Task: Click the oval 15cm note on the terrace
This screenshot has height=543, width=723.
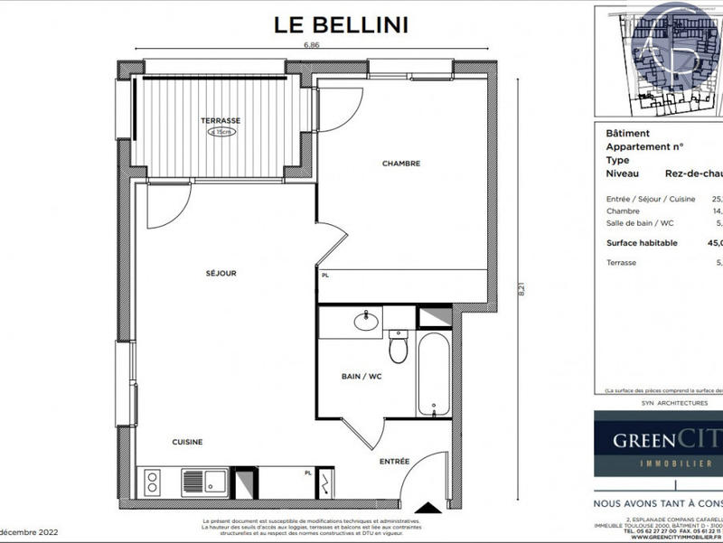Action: tap(221, 132)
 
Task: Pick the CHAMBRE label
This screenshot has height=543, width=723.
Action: tap(401, 164)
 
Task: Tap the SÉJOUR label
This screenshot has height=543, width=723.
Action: tap(221, 273)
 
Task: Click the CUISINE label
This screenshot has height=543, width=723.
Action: tap(187, 442)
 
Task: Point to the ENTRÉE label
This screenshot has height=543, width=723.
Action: tap(394, 462)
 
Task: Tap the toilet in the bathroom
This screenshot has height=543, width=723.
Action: tap(398, 346)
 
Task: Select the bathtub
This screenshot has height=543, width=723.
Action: tap(433, 375)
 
